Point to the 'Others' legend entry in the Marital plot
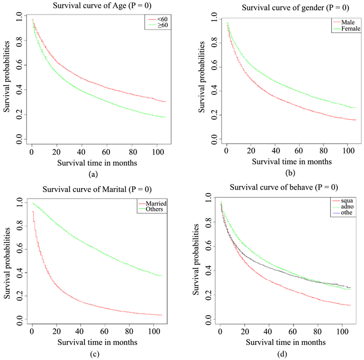[x=158, y=211]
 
